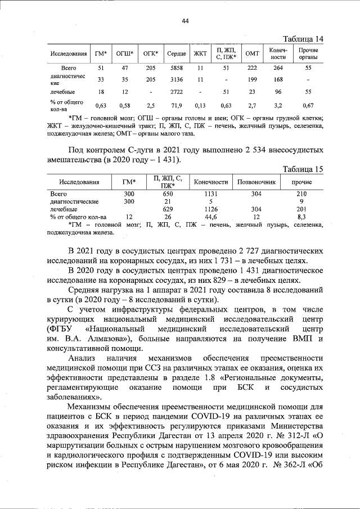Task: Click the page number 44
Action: [x=184, y=21]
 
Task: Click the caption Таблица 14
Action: [x=304, y=39]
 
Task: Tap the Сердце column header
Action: [x=177, y=53]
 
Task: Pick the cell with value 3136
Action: [x=177, y=80]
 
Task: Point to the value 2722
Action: [x=177, y=91]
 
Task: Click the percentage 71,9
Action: [x=177, y=105]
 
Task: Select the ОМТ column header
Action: [x=252, y=53]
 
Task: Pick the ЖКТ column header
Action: [x=200, y=53]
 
